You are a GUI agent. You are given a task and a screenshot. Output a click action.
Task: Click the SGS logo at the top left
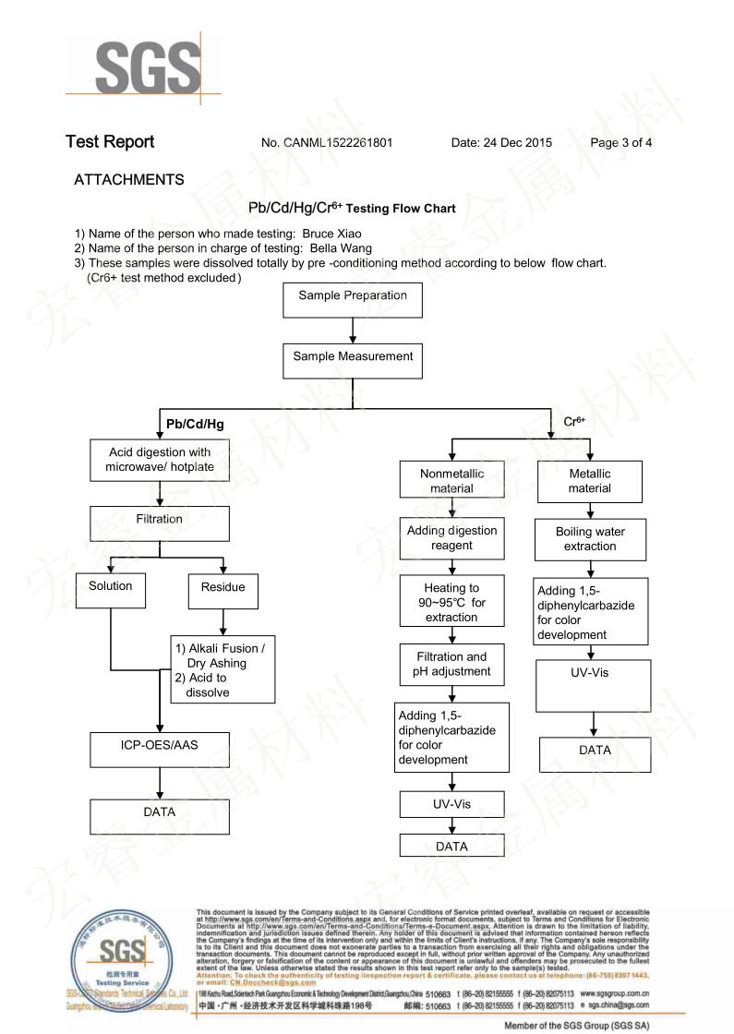tap(147, 67)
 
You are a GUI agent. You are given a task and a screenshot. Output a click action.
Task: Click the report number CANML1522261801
tap(338, 143)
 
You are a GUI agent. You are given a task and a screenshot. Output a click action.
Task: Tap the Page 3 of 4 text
tap(620, 143)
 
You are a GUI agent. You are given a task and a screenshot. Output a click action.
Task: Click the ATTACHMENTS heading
tap(128, 180)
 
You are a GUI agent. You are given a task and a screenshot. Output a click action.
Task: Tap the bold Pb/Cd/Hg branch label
tap(195, 425)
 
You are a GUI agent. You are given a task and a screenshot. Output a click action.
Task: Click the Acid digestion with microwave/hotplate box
tap(160, 460)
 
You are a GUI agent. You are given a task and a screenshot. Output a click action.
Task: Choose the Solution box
tap(111, 589)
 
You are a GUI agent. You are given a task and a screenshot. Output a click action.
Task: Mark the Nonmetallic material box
tap(451, 481)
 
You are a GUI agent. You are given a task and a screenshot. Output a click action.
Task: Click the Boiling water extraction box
tap(590, 539)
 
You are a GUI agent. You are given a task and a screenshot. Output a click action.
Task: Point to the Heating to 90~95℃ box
tap(451, 602)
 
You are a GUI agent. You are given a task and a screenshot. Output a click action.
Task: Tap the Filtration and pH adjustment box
tap(451, 665)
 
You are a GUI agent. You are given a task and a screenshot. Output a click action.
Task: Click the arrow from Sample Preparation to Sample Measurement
tap(353, 331)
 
